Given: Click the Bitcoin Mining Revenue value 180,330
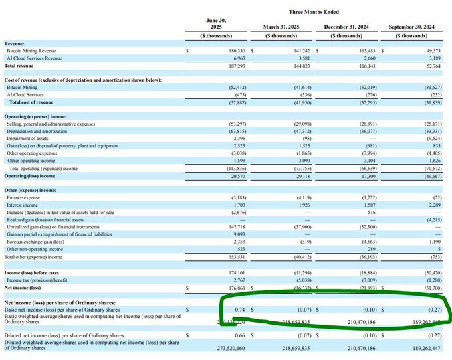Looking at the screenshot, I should coord(237,50).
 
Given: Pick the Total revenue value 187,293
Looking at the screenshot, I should coord(237,65).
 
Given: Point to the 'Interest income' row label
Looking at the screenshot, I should coord(23,205).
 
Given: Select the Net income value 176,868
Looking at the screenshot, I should coord(237,288).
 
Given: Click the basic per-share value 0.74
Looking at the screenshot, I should coord(241,310).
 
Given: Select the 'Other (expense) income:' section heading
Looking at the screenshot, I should coord(33,190).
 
